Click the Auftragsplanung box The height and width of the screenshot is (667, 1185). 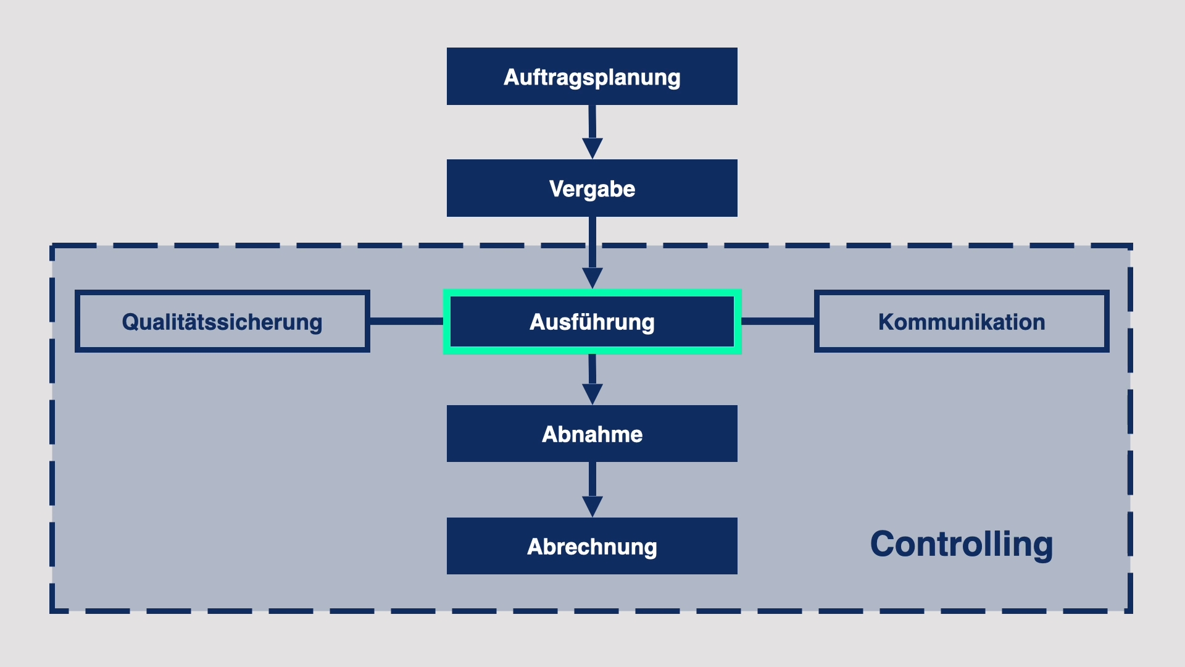(592, 76)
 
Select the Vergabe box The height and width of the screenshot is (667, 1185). (592, 188)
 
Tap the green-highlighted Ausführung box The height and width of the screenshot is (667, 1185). (592, 321)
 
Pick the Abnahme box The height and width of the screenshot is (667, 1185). (592, 434)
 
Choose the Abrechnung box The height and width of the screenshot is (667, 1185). (592, 546)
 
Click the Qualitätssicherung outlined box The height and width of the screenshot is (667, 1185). (222, 321)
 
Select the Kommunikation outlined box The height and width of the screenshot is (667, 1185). (961, 321)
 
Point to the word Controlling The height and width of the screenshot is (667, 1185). (961, 544)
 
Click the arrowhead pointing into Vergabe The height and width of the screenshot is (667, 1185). (592, 148)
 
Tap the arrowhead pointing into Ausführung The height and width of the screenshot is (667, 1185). (592, 277)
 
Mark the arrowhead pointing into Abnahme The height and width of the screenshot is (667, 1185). (592, 393)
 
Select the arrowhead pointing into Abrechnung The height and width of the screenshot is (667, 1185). (592, 506)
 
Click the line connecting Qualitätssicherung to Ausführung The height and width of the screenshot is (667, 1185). (406, 321)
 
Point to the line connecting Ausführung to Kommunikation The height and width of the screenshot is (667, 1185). (778, 321)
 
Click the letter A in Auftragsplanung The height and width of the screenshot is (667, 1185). (512, 77)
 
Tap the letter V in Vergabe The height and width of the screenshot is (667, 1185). (556, 189)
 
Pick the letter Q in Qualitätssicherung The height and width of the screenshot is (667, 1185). (130, 322)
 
